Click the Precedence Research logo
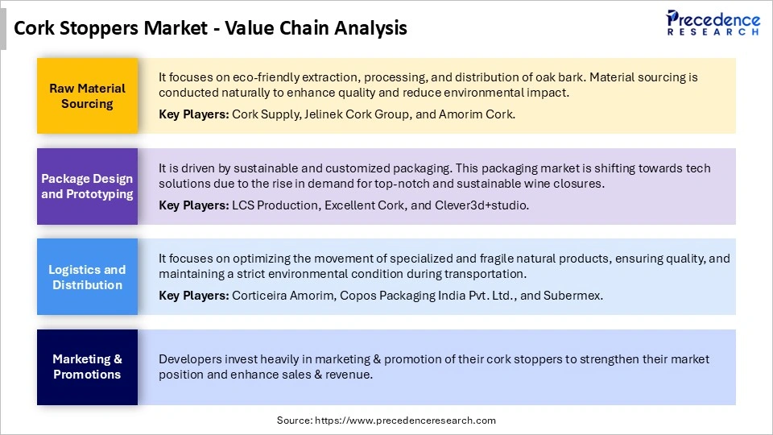[713, 23]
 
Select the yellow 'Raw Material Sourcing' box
[87, 96]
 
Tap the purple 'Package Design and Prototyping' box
[87, 186]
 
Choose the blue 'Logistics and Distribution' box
[87, 277]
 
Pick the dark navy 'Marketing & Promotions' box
[87, 367]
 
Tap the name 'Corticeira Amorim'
[282, 296]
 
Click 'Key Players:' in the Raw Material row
[193, 114]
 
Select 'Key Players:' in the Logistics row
[193, 296]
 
